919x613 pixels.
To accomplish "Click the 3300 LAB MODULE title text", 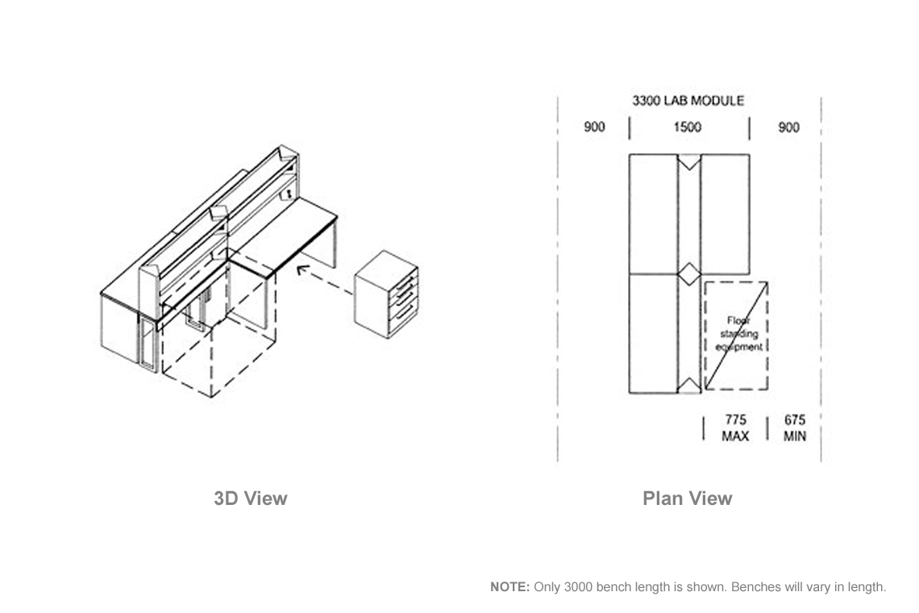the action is [x=688, y=101].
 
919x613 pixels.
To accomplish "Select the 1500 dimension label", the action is [x=687, y=127].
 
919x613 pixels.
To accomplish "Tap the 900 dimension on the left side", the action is [x=593, y=127].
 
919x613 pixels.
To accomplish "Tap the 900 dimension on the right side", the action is [x=788, y=127].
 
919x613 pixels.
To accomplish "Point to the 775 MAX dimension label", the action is [x=735, y=428].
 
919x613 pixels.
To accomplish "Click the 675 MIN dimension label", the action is [x=795, y=428].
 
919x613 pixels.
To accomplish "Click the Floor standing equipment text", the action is [x=738, y=334].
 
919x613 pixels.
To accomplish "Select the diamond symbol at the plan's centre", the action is [x=689, y=274].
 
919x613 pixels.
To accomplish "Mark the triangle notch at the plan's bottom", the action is [x=689, y=386].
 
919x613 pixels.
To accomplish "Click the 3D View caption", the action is [x=250, y=498].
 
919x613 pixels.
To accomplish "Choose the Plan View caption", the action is [x=687, y=498].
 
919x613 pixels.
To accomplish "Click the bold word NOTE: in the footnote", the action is [x=510, y=586].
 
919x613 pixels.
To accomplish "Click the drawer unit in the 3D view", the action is [x=386, y=294].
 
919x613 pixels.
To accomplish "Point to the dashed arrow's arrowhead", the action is [x=301, y=270].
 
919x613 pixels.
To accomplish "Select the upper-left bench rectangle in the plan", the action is [x=654, y=214].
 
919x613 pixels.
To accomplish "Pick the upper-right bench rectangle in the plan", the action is [x=725, y=214].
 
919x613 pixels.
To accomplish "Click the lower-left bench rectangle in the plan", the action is [x=654, y=333].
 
